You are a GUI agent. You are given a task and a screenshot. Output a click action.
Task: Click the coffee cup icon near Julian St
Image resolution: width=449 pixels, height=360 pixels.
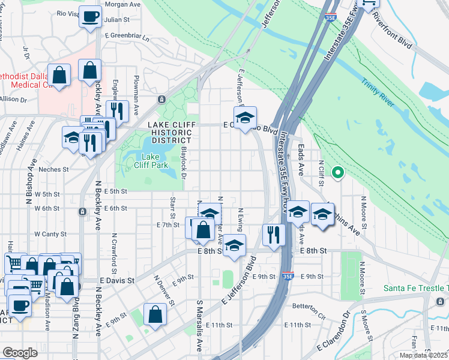click(90, 17)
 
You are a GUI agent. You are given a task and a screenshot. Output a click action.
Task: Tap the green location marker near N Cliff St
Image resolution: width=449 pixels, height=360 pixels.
click(337, 173)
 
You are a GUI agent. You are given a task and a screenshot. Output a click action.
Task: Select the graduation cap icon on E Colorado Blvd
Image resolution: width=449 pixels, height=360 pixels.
click(245, 118)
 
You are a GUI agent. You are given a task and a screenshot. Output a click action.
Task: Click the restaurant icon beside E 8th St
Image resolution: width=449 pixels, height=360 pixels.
click(274, 235)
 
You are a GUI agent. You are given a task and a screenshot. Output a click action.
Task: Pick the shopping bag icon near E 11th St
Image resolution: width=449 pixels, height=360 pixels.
click(155, 315)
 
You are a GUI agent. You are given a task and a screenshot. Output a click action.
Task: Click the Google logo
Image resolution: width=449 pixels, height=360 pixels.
click(20, 353)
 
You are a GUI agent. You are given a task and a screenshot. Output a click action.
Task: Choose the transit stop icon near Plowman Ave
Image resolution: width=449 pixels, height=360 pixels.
click(161, 99)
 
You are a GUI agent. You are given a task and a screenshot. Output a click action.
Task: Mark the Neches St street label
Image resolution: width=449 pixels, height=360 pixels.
click(53, 169)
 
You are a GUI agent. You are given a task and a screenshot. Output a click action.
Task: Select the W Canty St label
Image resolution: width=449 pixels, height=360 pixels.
click(49, 233)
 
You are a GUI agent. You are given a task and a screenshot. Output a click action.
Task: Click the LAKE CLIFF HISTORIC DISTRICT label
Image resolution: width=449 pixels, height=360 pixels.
click(170, 132)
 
